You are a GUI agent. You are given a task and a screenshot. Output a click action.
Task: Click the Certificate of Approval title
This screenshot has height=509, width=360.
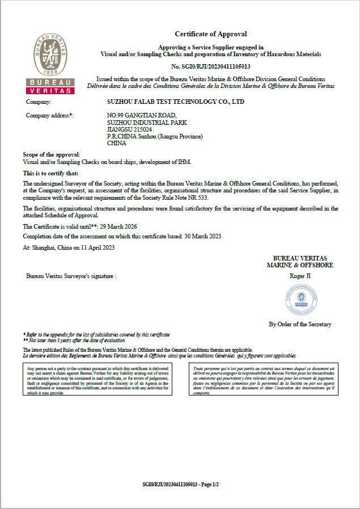(x=210, y=34)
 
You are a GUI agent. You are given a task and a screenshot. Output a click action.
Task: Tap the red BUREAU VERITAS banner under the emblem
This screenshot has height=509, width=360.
(x=49, y=87)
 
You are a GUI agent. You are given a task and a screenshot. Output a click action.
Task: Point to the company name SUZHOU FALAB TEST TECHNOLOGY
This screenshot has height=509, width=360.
(x=176, y=102)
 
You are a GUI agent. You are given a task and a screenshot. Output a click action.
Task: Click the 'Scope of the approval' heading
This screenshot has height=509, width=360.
(x=52, y=154)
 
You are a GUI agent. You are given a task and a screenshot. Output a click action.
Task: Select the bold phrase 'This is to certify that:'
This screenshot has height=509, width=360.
(x=51, y=173)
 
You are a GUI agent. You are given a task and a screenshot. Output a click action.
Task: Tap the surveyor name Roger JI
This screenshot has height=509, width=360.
(x=300, y=276)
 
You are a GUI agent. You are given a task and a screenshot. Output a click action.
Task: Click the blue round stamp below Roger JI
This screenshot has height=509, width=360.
(x=300, y=300)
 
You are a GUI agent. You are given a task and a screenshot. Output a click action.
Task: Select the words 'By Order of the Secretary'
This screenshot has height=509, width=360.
(x=300, y=324)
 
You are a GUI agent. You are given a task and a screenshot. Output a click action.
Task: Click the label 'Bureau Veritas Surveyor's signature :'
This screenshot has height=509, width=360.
(x=71, y=276)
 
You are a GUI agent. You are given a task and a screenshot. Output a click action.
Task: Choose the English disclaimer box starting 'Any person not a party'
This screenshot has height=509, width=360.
(x=98, y=380)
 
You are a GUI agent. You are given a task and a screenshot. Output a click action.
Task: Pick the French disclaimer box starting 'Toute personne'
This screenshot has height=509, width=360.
(x=263, y=380)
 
